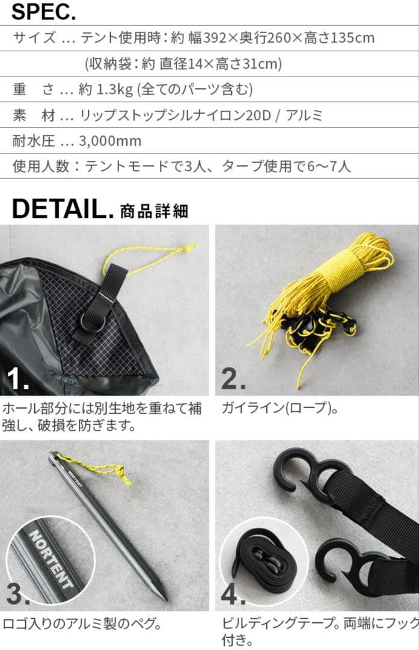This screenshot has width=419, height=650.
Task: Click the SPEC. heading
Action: pyautogui.click(x=43, y=11)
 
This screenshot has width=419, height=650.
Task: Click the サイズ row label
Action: pyautogui.click(x=34, y=39)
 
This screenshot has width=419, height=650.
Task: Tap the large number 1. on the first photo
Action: pyautogui.click(x=18, y=379)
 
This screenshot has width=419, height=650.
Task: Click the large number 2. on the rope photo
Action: pyautogui.click(x=233, y=379)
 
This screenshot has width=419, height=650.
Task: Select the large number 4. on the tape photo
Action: pyautogui.click(x=233, y=595)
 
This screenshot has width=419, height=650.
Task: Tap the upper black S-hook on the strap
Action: pyautogui.click(x=304, y=475)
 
